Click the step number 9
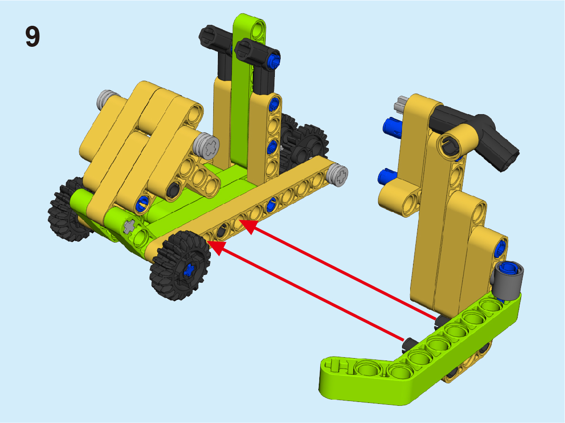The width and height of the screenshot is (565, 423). (x=33, y=36)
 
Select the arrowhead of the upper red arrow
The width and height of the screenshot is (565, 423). (x=248, y=226)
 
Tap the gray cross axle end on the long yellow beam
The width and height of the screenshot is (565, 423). (x=337, y=175)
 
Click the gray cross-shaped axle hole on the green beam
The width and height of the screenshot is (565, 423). (x=129, y=227)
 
